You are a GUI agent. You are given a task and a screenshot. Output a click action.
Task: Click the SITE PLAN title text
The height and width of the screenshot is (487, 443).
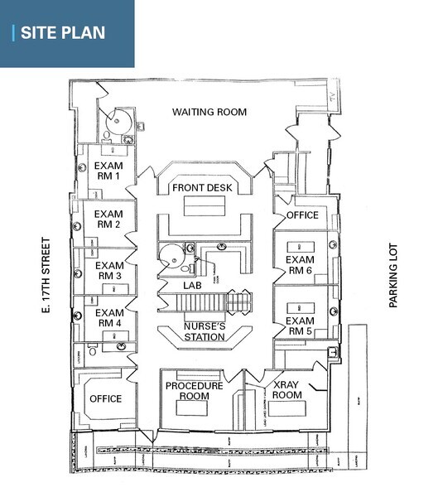pos(63,33)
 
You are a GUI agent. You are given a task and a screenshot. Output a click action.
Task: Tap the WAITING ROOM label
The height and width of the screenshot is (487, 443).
pos(209,112)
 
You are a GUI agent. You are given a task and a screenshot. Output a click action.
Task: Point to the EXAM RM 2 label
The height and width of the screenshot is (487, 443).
pos(109,219)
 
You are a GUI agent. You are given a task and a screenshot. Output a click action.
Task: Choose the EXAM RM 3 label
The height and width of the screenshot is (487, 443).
pos(109,269)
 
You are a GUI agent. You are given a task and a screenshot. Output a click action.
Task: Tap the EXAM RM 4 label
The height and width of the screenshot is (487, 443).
pos(109,318)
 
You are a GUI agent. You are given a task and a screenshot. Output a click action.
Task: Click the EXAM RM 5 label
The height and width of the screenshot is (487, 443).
pos(299,325)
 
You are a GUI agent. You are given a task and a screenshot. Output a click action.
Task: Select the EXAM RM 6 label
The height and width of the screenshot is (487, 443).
pos(299,265)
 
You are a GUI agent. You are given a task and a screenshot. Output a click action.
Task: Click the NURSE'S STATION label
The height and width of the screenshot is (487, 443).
pos(204,331)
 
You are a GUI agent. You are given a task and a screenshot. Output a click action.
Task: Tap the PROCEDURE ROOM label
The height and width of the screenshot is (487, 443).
pos(194,391)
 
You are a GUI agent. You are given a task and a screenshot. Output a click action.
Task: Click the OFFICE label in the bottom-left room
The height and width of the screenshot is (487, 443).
pos(104,399)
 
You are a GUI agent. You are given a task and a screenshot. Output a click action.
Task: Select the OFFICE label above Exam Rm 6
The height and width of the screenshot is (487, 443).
pos(302,215)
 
